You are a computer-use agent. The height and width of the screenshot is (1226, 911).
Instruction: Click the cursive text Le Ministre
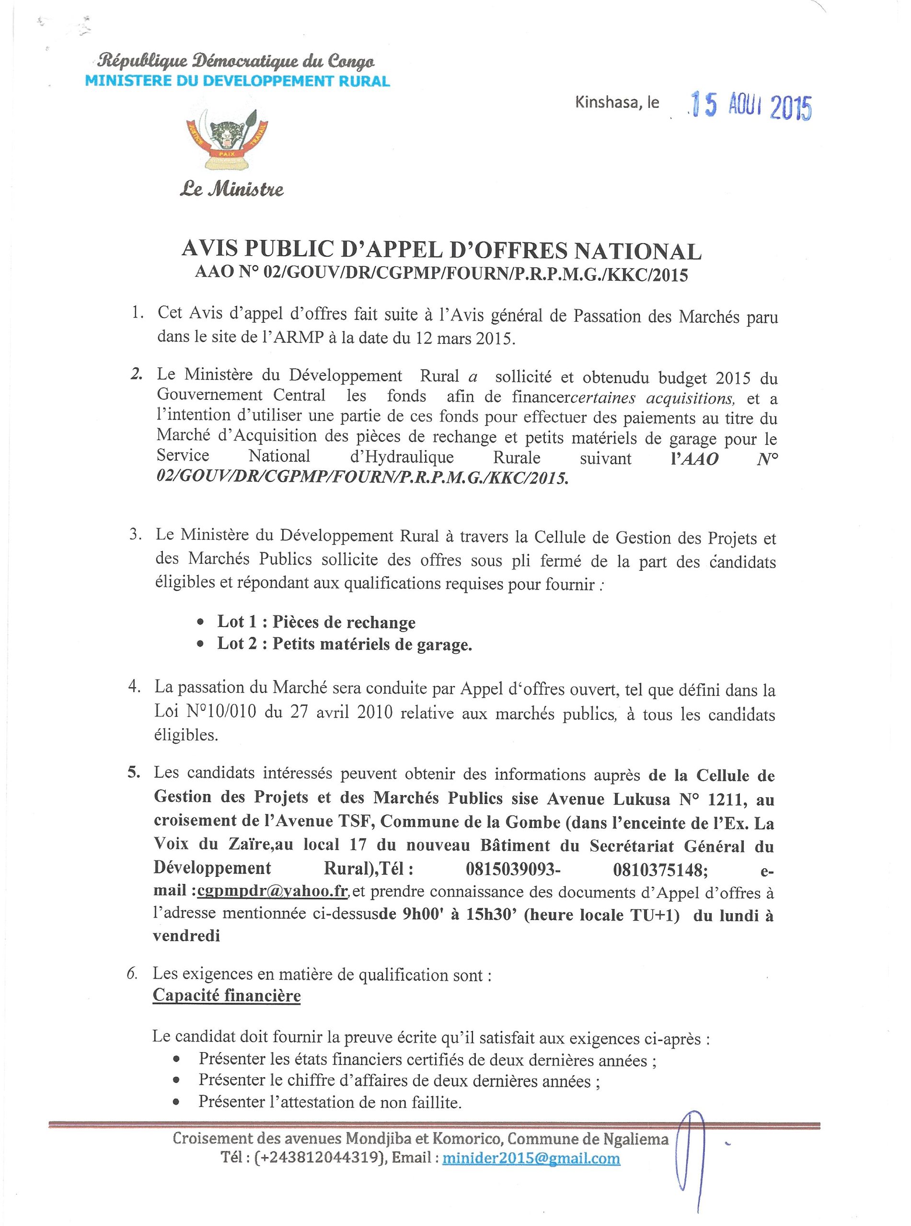(231, 190)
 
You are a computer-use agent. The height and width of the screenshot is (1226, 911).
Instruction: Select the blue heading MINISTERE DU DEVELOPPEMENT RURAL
(237, 81)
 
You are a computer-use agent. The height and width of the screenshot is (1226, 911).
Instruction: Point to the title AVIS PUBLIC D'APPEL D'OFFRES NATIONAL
(441, 251)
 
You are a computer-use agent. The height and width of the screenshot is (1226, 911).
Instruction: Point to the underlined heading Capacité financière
(227, 995)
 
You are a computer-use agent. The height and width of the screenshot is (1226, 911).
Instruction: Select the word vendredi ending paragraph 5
(187, 936)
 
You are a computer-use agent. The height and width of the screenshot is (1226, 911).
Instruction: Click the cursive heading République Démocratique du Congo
(237, 62)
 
